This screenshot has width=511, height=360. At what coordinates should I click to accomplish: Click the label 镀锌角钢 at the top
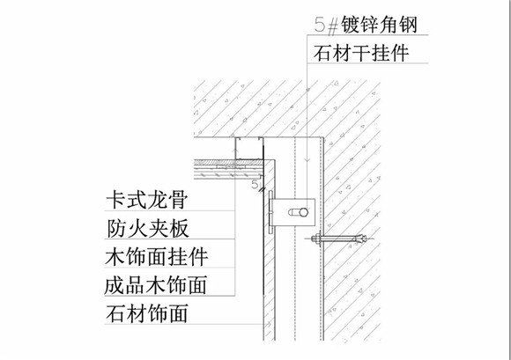[379, 25]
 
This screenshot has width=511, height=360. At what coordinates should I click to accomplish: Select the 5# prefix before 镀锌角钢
[326, 26]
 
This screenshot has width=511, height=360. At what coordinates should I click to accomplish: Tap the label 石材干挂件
[361, 54]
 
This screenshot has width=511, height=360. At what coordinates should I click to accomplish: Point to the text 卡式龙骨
[146, 200]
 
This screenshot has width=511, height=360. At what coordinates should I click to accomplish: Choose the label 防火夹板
[148, 229]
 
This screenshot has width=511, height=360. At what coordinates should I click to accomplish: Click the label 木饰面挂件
[157, 257]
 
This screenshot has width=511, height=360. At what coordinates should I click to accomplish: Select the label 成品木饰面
[155, 285]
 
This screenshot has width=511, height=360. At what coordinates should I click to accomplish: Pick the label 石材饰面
[146, 313]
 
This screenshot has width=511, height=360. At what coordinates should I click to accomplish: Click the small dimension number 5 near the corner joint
[255, 185]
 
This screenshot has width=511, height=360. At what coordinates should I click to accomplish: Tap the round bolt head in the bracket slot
[303, 212]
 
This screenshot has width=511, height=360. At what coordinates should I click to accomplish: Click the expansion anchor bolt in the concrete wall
[339, 239]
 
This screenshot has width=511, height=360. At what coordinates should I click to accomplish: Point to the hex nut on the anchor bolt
[315, 239]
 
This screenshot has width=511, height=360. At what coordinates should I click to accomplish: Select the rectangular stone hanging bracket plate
[294, 212]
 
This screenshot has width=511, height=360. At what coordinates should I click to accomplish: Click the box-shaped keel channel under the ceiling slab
[249, 149]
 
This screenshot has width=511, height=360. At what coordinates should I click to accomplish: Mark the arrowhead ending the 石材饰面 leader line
[268, 324]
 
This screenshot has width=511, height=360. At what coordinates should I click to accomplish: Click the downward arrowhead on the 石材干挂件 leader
[307, 160]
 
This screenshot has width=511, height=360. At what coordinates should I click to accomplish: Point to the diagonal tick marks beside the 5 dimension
[262, 188]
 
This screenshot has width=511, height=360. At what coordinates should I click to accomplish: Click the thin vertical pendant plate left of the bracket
[270, 212]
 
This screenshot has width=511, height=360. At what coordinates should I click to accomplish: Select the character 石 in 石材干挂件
[322, 54]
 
